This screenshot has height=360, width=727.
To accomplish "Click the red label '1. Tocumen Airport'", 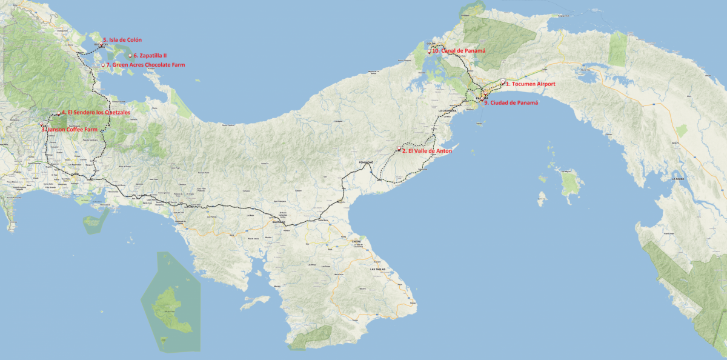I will pos(530,84).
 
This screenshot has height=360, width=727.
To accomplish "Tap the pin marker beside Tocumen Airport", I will pos(503,82).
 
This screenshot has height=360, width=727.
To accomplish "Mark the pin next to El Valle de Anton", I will pos(399,149).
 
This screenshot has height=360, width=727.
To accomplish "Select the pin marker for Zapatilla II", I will pos(130,56).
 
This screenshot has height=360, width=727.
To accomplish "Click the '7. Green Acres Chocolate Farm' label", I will pos(145,65).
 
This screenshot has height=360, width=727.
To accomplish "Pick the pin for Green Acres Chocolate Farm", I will pos(104,65).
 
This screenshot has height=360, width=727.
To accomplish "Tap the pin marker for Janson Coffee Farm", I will pos(42,124).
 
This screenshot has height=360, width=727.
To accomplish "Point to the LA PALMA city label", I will pos(678,179).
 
